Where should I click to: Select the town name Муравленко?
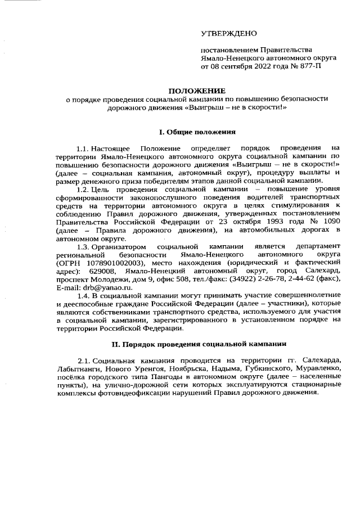(315, 367)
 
